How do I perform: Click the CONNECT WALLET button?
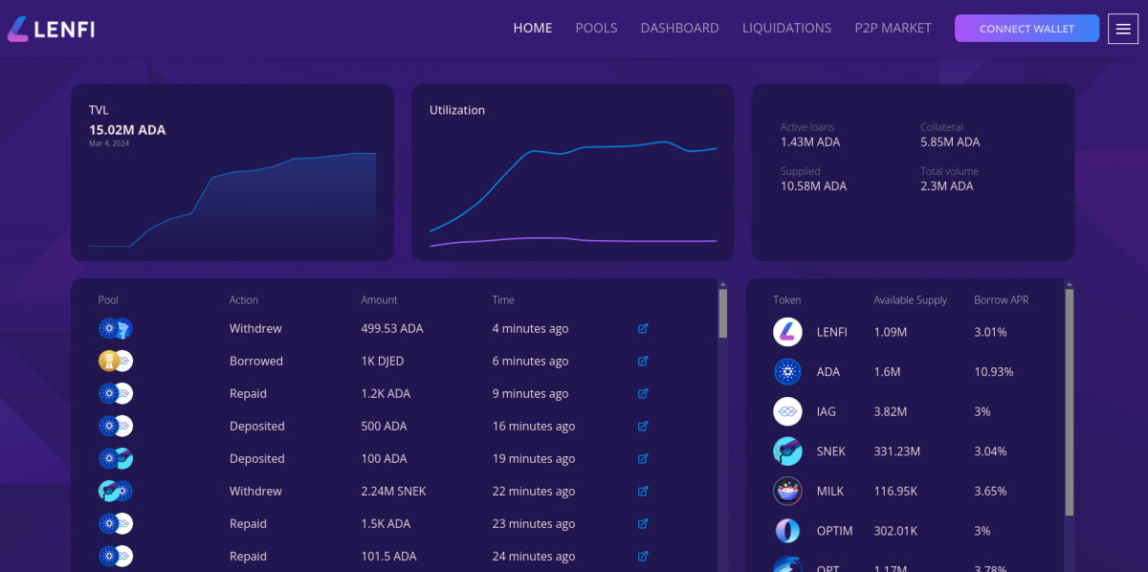coord(1027,29)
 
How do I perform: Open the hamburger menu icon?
coord(1123,29)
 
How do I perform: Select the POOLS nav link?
coord(596,28)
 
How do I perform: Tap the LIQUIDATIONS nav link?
coord(786,28)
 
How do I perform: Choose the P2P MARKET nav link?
coord(893,28)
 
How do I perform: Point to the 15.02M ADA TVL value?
coord(127,130)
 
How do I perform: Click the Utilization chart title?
coord(457,110)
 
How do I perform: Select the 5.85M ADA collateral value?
coord(950,142)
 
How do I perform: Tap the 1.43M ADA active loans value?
coord(810,142)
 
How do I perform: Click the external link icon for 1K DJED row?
coord(643,362)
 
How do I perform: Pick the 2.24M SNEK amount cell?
coord(393,491)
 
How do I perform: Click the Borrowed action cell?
coord(256,361)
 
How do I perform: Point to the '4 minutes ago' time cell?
coord(530,328)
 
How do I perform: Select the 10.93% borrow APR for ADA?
coord(993,371)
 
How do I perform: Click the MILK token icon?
coord(787,491)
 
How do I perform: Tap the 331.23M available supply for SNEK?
coord(896,451)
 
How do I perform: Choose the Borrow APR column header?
coord(1001,299)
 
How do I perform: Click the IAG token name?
coord(826,411)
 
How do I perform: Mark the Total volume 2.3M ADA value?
coord(946,186)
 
